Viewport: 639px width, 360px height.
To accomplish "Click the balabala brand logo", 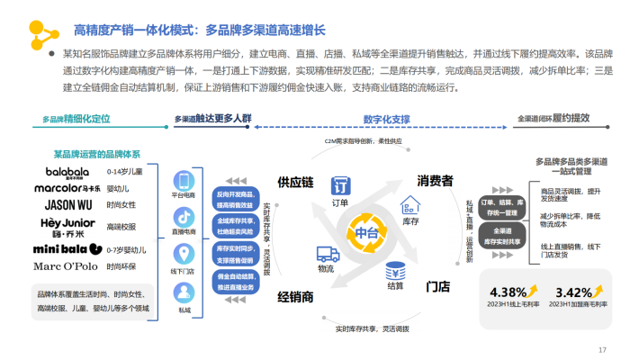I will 68,172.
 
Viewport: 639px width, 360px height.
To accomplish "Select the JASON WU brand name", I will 68,204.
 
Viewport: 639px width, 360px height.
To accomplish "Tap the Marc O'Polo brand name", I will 68,266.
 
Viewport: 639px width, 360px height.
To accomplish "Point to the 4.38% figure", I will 507,292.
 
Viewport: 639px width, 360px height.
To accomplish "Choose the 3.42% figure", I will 573,292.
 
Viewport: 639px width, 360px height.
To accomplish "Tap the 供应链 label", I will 294,183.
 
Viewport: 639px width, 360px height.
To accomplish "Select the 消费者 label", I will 434,181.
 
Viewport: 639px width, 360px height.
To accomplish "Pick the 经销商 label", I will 294,296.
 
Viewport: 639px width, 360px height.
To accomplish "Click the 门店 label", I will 437,286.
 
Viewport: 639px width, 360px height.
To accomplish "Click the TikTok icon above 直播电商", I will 184,217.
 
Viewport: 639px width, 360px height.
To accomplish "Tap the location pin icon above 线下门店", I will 184,253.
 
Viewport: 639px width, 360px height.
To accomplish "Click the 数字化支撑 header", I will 387,119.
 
